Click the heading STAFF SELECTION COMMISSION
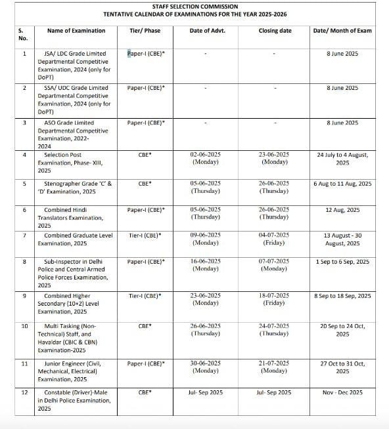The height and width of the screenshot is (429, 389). click(194, 6)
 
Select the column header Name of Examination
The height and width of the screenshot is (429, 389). click(76, 31)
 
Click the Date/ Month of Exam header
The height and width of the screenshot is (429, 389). click(342, 31)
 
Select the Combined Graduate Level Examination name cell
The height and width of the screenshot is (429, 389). click(78, 239)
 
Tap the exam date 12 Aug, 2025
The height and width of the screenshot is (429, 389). click(342, 210)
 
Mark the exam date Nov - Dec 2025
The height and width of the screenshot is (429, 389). click(342, 392)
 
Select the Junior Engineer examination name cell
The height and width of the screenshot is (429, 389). click(78, 371)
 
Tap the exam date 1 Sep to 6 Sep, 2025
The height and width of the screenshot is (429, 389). click(342, 262)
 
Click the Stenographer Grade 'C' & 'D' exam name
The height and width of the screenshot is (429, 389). click(78, 188)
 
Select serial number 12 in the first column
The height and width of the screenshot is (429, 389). click(24, 392)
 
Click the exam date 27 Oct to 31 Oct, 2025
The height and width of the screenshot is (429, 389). click(342, 367)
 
